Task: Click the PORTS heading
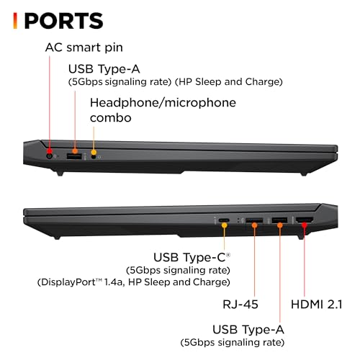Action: coord(64,21)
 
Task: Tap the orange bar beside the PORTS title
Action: coord(15,21)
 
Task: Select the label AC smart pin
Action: coord(84,48)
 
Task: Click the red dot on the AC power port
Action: coord(50,151)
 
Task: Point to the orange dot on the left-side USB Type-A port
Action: coord(75,151)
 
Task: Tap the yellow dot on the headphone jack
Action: coord(94,152)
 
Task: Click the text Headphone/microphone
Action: coord(163,103)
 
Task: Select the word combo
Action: coord(111,117)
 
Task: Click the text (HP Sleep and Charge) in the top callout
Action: coord(229,82)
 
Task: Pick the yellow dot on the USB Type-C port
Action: coord(225,225)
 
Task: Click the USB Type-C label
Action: coord(192,257)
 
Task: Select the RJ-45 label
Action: coord(240,305)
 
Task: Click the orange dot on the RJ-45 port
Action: coord(255,225)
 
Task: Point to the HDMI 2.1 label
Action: coord(317,305)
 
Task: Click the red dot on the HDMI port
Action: coord(305,225)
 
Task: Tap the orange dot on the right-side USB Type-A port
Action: coord(280,225)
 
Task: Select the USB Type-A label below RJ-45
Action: coord(248,329)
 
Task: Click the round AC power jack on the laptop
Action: coord(50,156)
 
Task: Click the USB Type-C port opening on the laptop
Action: coord(224,220)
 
